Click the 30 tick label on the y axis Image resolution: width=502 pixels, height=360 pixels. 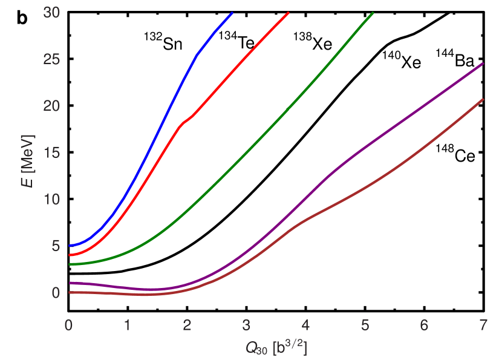coord(52,13)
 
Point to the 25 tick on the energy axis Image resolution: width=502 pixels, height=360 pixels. coord(52,59)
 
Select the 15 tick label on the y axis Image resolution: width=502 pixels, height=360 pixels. coord(52,152)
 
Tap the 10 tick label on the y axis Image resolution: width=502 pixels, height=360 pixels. coord(52,199)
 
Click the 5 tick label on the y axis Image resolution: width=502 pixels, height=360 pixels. coord(56,246)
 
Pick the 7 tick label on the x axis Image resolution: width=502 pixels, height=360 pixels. coord(482,325)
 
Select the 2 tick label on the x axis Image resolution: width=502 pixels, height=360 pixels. coord(187,325)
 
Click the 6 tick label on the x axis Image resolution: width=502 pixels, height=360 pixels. coord(423,325)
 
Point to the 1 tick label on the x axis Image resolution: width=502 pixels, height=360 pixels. coord(128,325)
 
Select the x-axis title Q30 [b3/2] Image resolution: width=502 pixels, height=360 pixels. coord(276,347)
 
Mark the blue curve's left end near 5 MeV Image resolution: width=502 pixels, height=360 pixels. coord(70,245)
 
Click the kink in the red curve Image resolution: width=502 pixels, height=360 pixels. coord(182,123)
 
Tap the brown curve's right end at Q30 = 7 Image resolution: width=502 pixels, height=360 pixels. coord(483,99)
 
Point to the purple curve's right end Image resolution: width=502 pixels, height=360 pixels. coord(483,64)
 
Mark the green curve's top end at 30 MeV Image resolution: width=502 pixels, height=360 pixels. coord(373,13)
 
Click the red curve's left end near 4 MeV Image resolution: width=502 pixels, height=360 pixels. coord(70,255)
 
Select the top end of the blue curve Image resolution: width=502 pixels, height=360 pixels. coord(232,13)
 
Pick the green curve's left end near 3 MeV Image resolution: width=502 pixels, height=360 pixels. coord(70,264)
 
